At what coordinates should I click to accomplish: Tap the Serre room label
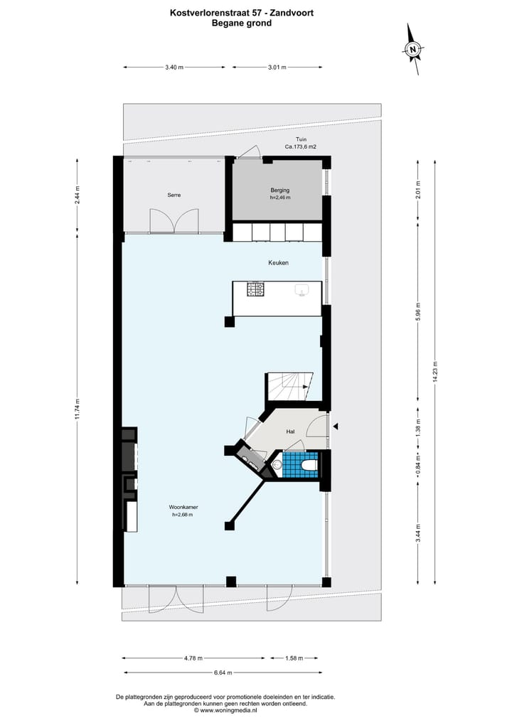[174, 195]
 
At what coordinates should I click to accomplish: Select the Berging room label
[279, 190]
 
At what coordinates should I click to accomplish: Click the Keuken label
[278, 262]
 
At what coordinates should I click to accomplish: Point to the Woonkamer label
[183, 507]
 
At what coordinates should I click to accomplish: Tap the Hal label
[290, 432]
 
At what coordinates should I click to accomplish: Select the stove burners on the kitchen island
[255, 289]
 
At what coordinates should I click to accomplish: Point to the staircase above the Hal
[287, 388]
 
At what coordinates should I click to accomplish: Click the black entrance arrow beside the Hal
[336, 426]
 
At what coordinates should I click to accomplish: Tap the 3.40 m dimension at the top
[174, 68]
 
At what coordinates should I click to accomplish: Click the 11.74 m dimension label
[78, 409]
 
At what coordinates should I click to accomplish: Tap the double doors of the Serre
[174, 222]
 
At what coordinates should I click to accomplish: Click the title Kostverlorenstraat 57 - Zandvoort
[241, 12]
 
